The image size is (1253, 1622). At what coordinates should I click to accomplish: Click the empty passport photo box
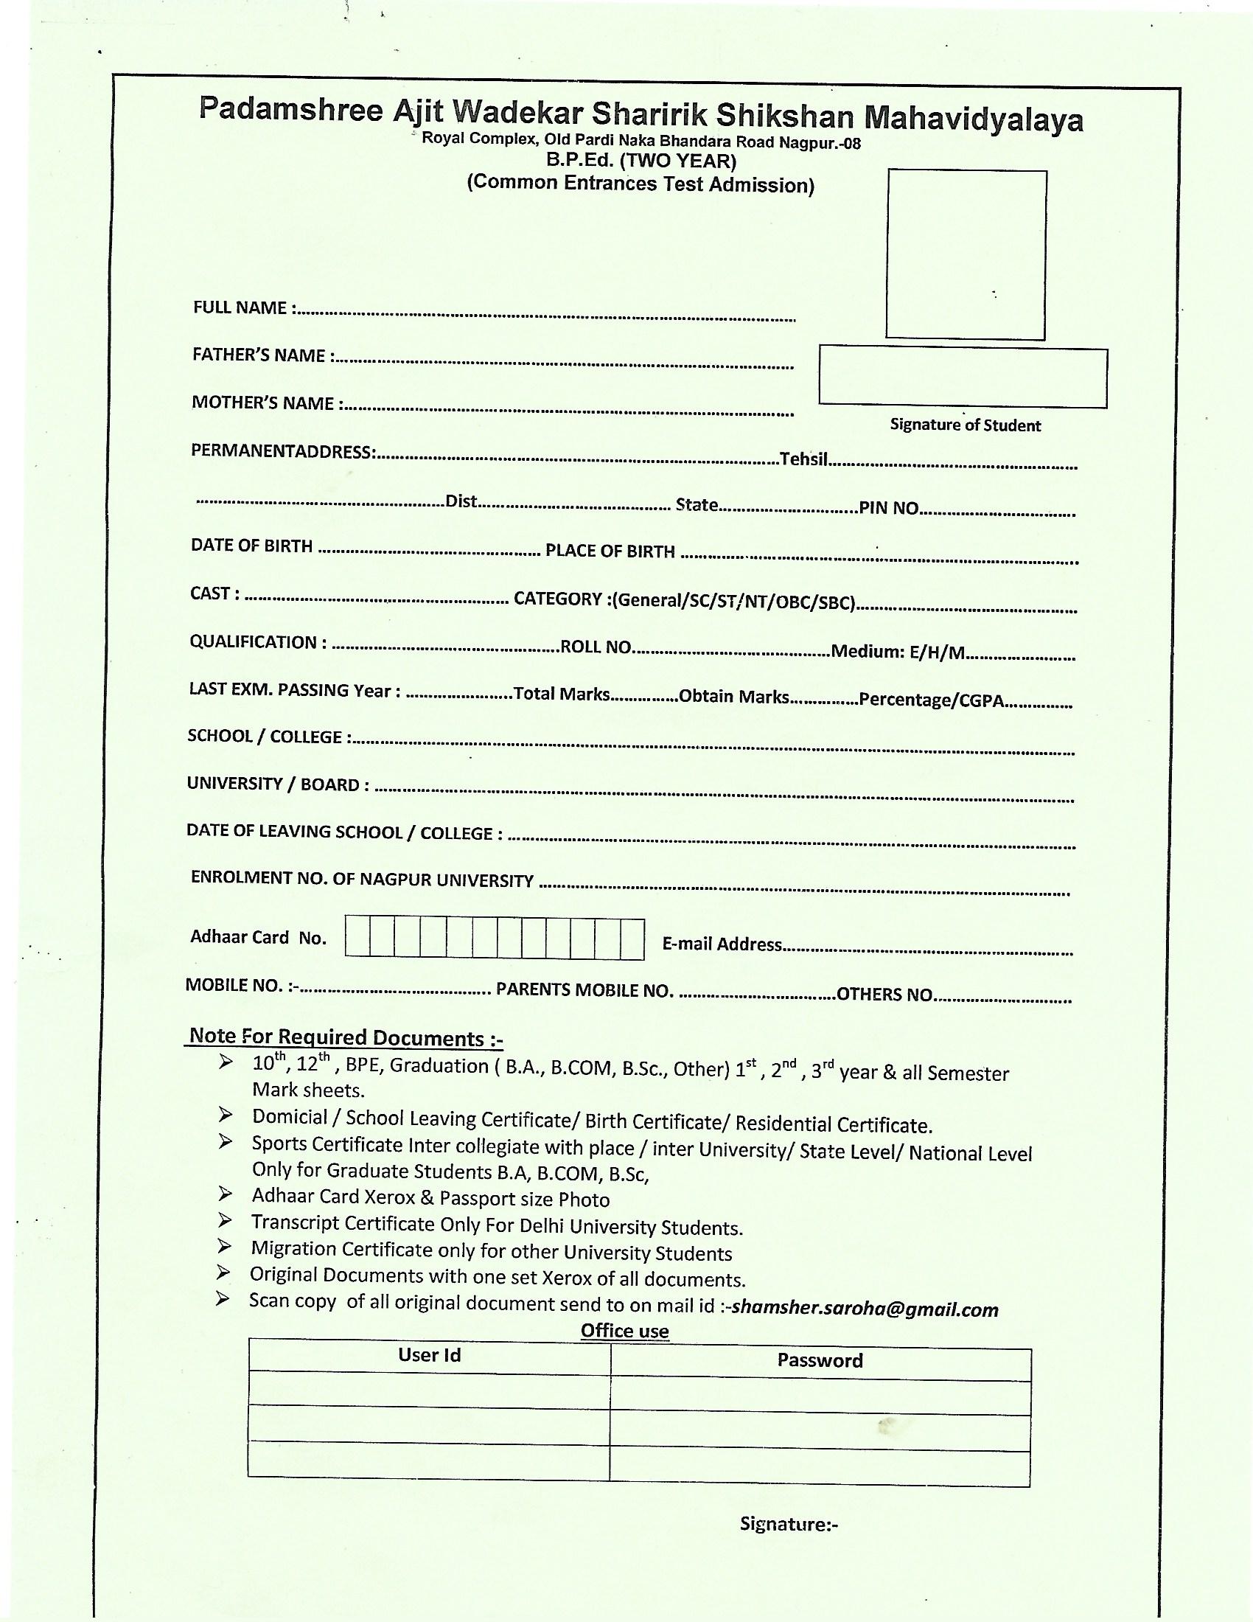tap(966, 254)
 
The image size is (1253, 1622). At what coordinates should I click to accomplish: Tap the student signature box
tap(963, 377)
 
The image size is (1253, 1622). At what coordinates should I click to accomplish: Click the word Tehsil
tap(803, 459)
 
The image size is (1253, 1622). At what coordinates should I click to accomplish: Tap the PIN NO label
tap(889, 508)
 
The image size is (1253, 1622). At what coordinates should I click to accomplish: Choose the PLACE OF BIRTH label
tap(610, 551)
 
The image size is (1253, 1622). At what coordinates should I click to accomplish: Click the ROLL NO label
tap(596, 647)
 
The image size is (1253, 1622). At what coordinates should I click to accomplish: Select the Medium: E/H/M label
tap(898, 652)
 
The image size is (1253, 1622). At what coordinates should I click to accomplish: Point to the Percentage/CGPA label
tap(931, 700)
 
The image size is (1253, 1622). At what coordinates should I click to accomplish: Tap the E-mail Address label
tap(722, 944)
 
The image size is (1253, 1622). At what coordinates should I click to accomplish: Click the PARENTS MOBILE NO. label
tap(584, 990)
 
